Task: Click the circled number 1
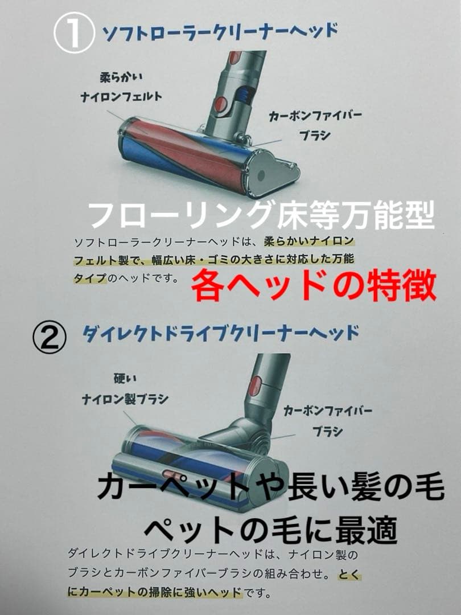(73, 34)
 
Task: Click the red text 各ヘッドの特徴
(313, 285)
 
